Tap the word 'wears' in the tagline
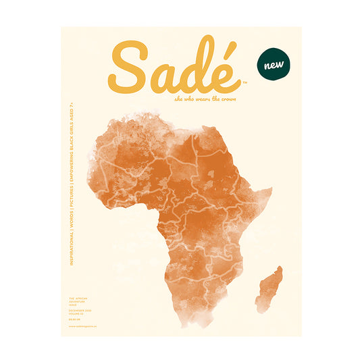coord(194,99)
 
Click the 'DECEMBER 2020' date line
coord(79,310)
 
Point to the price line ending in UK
coord(75,319)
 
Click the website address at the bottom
coord(82,327)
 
